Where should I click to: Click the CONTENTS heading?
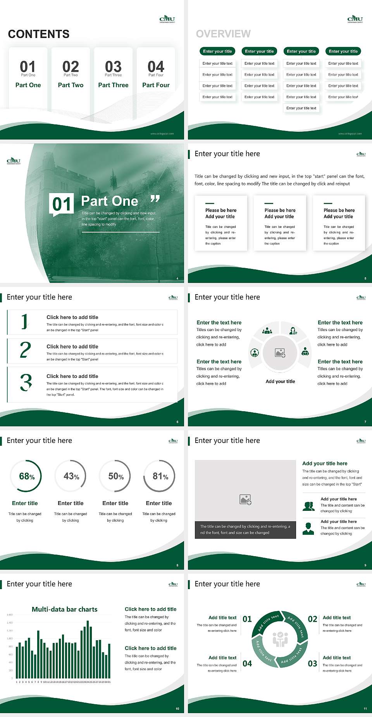tap(39, 34)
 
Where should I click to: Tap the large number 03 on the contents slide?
tap(113, 67)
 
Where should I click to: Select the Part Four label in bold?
tap(156, 85)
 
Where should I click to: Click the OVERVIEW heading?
tap(223, 34)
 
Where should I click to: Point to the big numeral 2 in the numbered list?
tap(25, 350)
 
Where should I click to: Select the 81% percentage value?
tap(160, 476)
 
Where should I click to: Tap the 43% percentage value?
tap(71, 476)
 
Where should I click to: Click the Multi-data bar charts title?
tap(65, 609)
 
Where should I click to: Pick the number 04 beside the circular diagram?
tap(247, 664)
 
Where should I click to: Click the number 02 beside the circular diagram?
tap(312, 619)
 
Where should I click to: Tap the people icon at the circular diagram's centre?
tap(280, 639)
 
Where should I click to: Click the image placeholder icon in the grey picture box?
tap(245, 500)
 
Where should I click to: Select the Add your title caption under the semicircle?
tap(280, 381)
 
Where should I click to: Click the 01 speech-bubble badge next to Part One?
tap(62, 204)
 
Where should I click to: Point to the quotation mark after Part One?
tap(155, 199)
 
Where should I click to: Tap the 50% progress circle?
tap(115, 476)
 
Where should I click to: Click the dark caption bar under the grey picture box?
tap(245, 530)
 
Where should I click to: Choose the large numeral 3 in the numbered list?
tap(26, 383)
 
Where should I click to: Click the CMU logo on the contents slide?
tap(167, 19)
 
